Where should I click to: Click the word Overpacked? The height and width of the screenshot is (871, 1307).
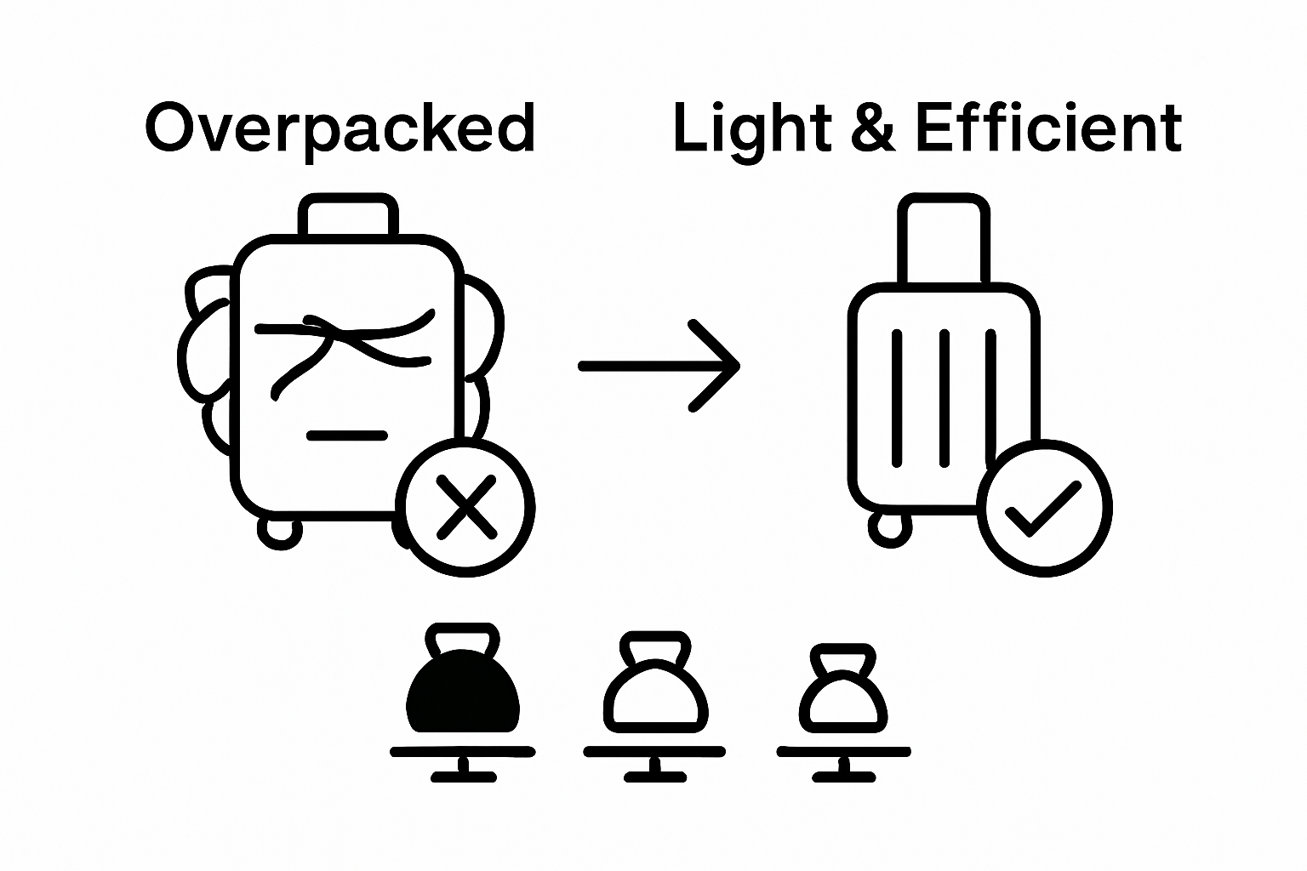(340, 129)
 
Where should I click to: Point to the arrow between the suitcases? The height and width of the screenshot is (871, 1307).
(659, 366)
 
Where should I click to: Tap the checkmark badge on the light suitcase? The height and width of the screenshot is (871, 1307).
(1044, 508)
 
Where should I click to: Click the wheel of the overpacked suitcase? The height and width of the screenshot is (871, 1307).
(279, 531)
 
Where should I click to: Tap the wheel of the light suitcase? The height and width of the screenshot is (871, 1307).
(888, 527)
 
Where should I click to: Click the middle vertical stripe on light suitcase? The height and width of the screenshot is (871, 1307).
(944, 398)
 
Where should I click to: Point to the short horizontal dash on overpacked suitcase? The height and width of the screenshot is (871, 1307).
(347, 435)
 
